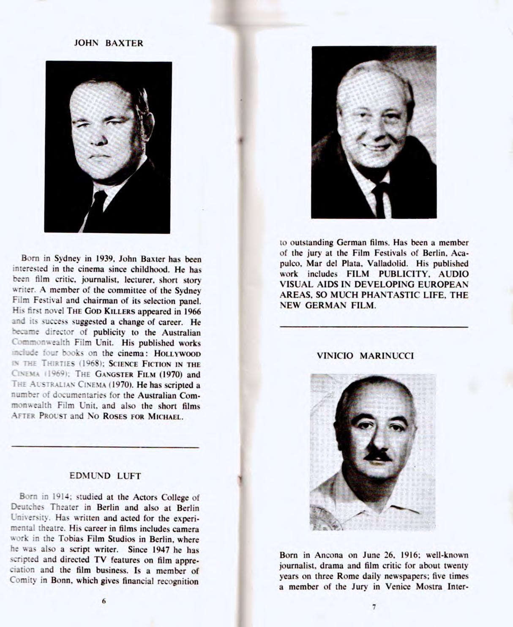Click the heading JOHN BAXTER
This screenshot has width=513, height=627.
pyautogui.click(x=109, y=43)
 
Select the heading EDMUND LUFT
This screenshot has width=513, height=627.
pyautogui.click(x=105, y=476)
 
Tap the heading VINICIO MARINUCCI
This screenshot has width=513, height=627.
pyautogui.click(x=365, y=356)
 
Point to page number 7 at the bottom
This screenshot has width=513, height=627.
pyautogui.click(x=374, y=607)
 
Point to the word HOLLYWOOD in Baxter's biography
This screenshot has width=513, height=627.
pyautogui.click(x=177, y=354)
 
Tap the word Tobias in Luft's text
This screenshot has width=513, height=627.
pyautogui.click(x=70, y=539)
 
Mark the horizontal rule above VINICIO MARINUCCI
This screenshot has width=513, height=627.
pyautogui.click(x=374, y=327)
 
